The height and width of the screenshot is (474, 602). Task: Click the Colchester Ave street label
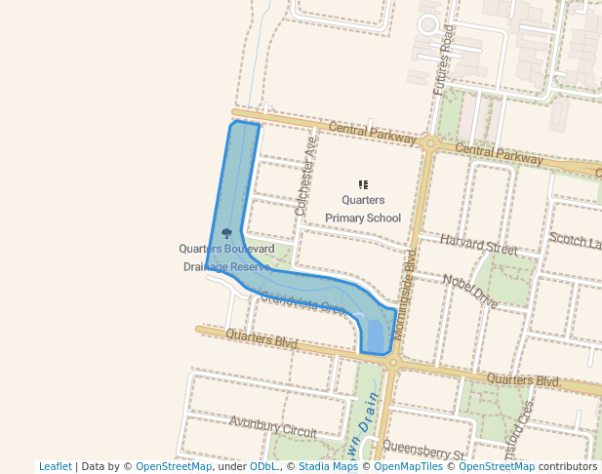click(x=306, y=176)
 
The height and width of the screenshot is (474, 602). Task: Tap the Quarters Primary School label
click(x=363, y=209)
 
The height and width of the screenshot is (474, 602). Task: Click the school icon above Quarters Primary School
click(x=363, y=184)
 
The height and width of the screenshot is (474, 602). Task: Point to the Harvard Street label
click(x=478, y=244)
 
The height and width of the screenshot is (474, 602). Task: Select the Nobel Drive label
click(x=470, y=291)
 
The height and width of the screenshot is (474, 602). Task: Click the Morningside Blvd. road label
click(x=410, y=278)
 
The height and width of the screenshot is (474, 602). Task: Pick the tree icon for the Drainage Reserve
click(x=227, y=234)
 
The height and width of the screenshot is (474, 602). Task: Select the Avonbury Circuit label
click(x=273, y=426)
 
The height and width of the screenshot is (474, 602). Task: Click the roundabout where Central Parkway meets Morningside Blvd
click(x=429, y=142)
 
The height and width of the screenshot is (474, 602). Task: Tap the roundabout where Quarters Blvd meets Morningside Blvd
click(x=392, y=362)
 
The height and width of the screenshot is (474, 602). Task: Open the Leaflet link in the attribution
click(x=56, y=466)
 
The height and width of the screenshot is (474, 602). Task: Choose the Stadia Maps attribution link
click(x=328, y=466)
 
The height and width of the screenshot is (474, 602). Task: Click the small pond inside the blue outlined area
click(x=375, y=334)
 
